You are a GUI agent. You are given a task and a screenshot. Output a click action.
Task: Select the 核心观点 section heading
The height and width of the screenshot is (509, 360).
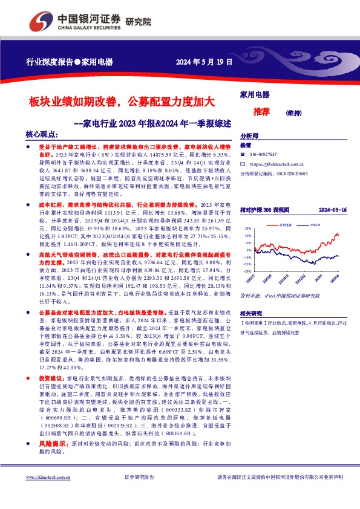point(41,134)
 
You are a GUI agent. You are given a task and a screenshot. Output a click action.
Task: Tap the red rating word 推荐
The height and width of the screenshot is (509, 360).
point(261,112)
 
